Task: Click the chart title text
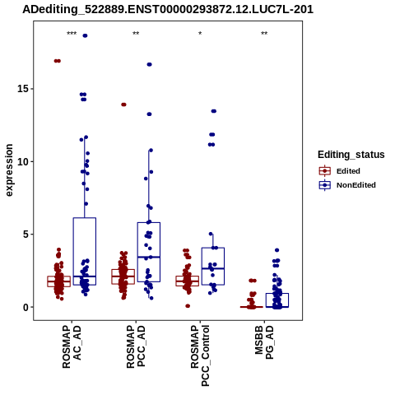(x=168, y=10)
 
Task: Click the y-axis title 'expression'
(x=9, y=170)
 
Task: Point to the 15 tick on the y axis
(x=24, y=89)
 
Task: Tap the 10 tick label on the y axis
(x=24, y=161)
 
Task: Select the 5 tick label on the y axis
(x=26, y=235)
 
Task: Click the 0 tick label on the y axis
(x=26, y=307)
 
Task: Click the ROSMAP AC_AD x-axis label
(x=72, y=346)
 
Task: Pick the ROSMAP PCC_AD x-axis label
(x=136, y=346)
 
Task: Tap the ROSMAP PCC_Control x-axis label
(x=200, y=355)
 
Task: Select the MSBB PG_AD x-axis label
(x=264, y=342)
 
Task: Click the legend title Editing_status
(x=351, y=155)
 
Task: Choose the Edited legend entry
(x=340, y=171)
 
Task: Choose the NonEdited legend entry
(x=347, y=185)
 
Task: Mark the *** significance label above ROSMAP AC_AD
(x=72, y=34)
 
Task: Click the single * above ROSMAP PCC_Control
(x=200, y=34)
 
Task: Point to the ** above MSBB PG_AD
(x=264, y=34)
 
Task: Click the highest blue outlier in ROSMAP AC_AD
(x=85, y=35)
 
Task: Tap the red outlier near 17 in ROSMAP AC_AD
(x=58, y=61)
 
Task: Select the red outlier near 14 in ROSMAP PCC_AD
(x=123, y=105)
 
